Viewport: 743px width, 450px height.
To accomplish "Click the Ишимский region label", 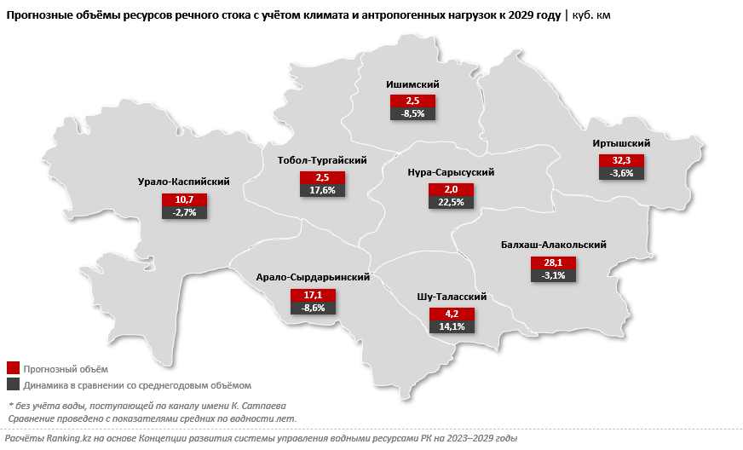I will [x=412, y=84].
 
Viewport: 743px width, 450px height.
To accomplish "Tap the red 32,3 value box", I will [x=621, y=160].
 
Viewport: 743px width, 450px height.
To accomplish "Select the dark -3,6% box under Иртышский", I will [x=621, y=173].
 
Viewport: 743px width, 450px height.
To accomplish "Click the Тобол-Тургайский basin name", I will [x=322, y=160].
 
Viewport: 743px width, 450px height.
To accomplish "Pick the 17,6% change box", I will [x=322, y=191].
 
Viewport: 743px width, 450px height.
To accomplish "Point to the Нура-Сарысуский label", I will [x=451, y=172].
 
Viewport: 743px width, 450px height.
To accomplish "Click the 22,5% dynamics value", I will [x=451, y=202].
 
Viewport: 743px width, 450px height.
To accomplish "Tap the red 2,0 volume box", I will [x=451, y=189].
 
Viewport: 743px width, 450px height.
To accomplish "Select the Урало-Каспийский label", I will [x=183, y=182].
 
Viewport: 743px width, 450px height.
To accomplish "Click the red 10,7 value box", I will [x=184, y=199].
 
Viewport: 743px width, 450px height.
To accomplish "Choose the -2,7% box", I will [x=184, y=212].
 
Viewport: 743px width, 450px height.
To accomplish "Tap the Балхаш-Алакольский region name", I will [x=553, y=245].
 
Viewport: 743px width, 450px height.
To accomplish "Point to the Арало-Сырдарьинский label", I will [x=313, y=277].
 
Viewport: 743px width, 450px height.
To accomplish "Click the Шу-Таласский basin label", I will [x=452, y=297].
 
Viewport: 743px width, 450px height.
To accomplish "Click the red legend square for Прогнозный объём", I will [x=13, y=368].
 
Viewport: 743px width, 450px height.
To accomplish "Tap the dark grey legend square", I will [x=13, y=385].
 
